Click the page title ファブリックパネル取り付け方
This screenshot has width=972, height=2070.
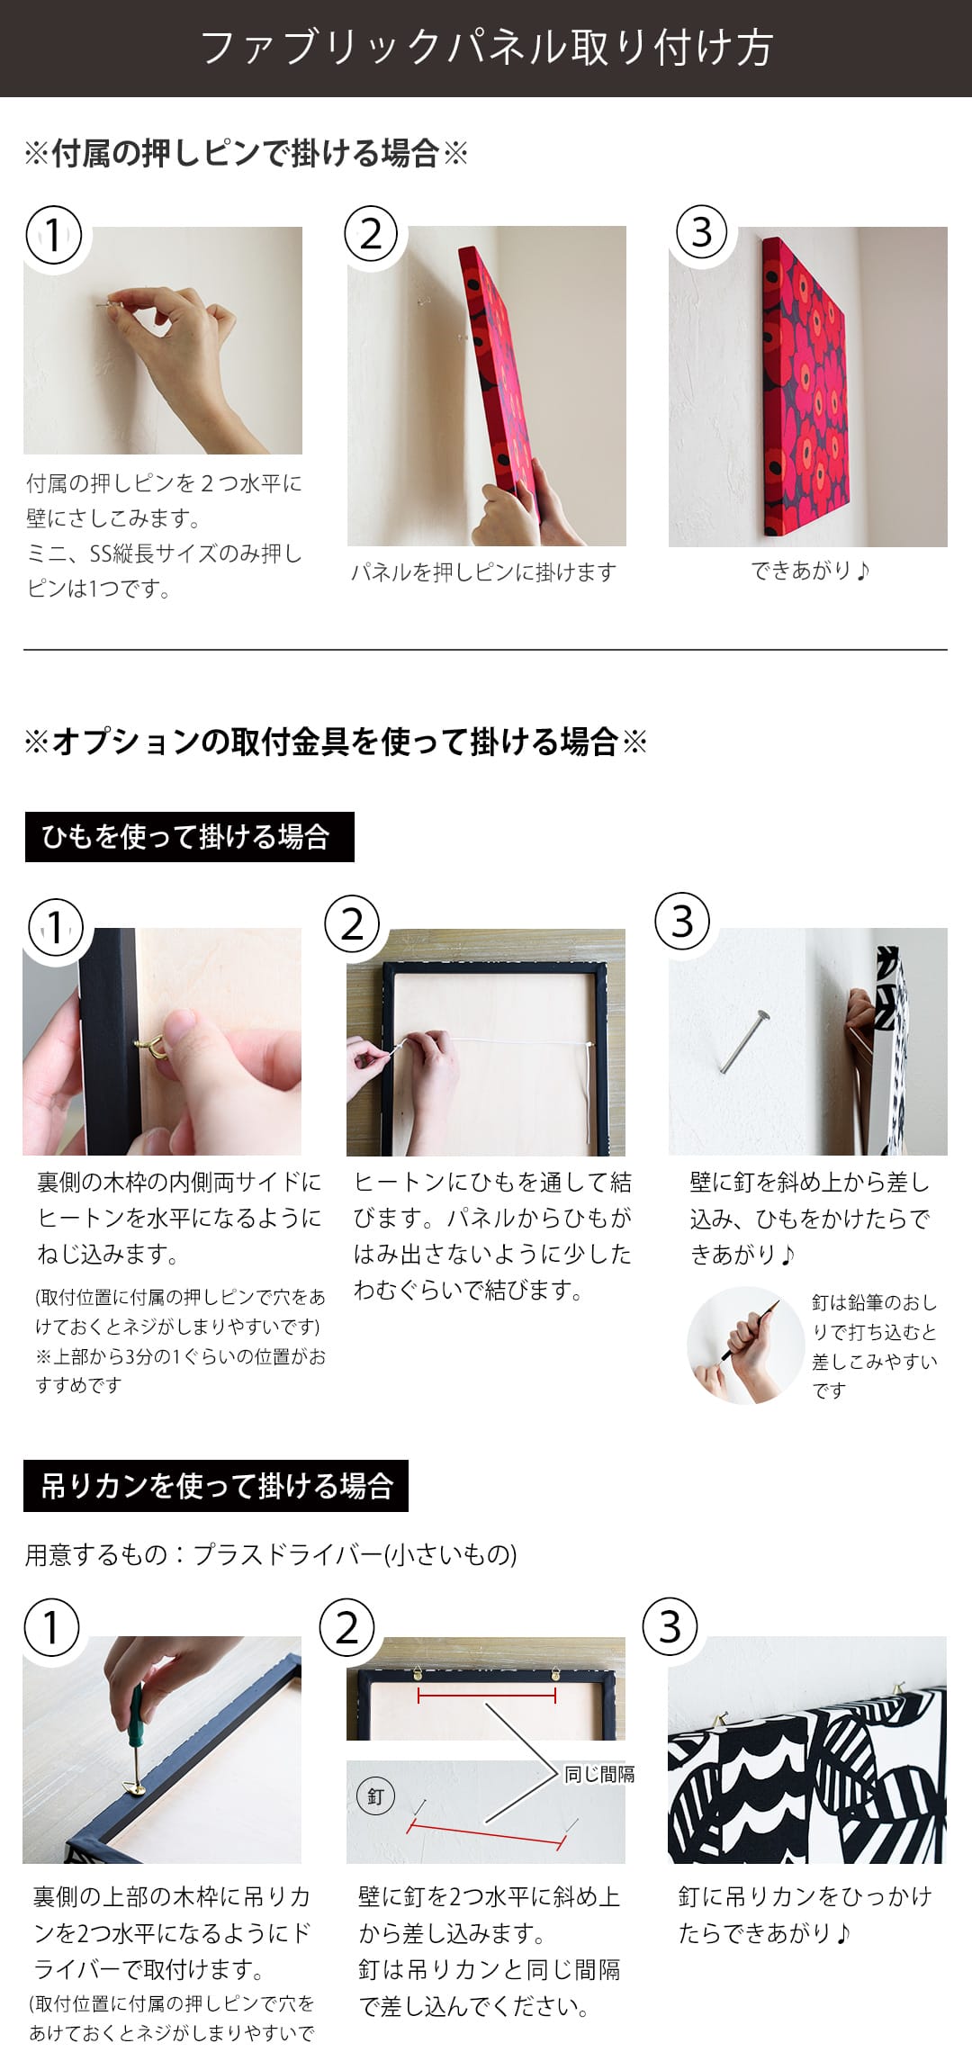click(486, 48)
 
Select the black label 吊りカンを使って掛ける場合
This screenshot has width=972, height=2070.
click(216, 1485)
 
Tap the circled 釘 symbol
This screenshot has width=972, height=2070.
click(375, 1796)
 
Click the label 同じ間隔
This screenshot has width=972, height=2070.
click(599, 1774)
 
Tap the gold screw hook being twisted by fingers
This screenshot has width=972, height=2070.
click(148, 1045)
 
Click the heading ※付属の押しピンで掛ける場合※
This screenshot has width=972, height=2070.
click(246, 154)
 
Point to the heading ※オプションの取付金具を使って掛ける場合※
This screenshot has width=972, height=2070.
click(335, 742)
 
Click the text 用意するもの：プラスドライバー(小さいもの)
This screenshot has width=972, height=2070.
click(270, 1554)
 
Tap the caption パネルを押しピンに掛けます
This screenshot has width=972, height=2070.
click(484, 572)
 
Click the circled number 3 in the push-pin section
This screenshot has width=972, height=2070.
click(702, 232)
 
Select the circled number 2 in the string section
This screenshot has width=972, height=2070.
click(352, 924)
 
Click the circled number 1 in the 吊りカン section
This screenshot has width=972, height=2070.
click(51, 1627)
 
